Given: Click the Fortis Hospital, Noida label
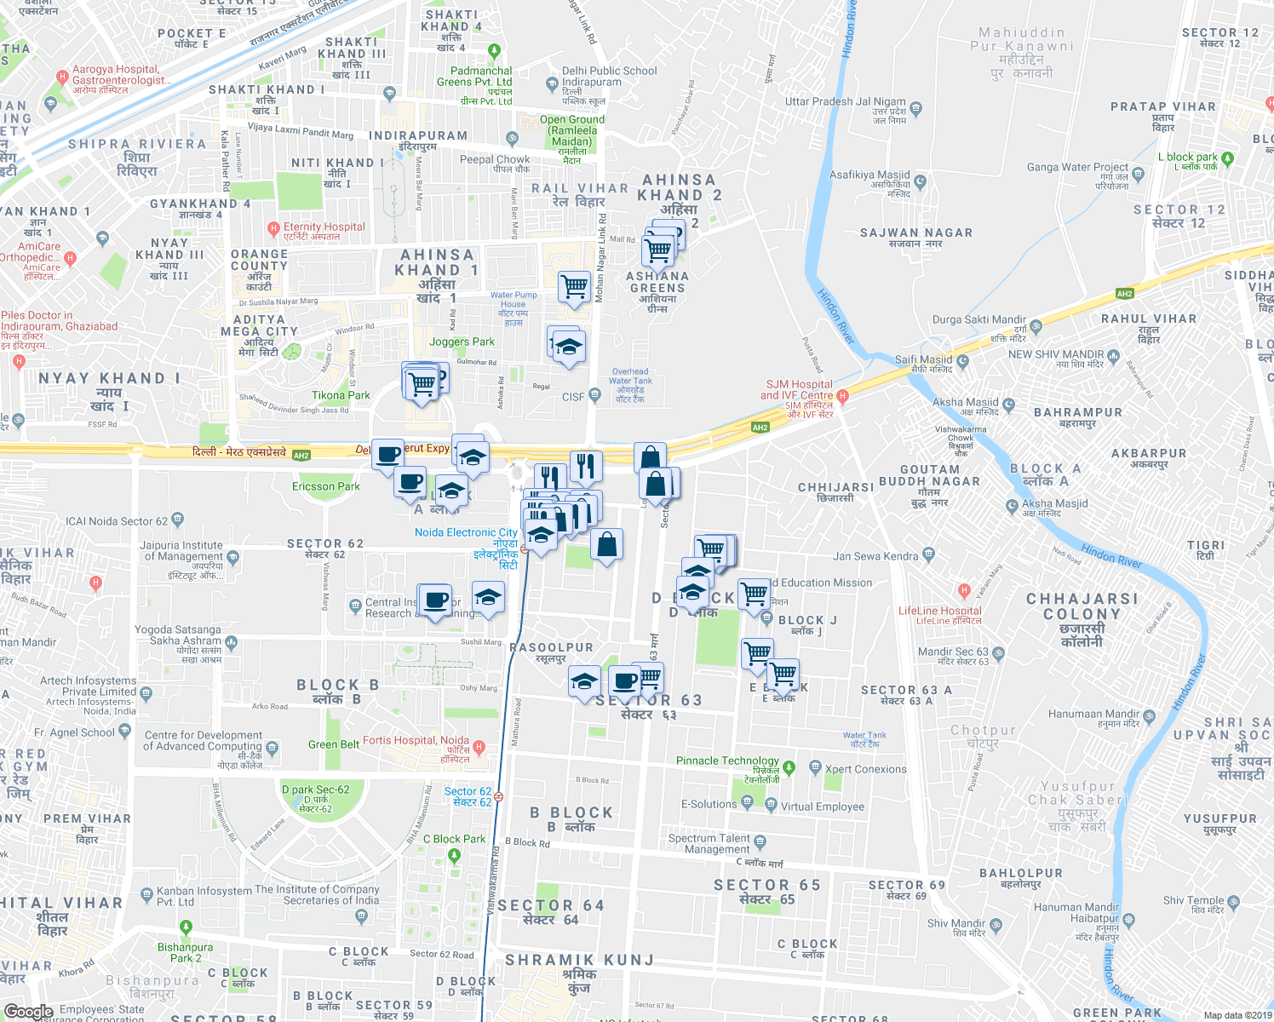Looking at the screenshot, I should pos(416,741).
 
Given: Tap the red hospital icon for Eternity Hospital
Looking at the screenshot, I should pos(273,228).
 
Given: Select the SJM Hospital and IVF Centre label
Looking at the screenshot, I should pos(796,390).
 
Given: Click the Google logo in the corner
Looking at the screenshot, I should pos(28,1012).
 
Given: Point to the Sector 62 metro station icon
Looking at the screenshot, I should pos(498,797).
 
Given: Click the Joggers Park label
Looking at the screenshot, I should pos(462,342).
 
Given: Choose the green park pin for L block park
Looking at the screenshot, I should pos(1227,158).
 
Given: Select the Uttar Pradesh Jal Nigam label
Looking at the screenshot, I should pos(845,101).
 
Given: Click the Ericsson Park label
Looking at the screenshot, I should pos(325,486).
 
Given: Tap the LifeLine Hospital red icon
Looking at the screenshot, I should pos(964,590).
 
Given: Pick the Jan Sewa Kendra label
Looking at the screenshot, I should pos(875,556).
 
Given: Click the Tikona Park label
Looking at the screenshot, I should pos(341,395).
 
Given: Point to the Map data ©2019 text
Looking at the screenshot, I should pos(1237,1015).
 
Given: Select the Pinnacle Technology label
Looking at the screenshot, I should pos(727,761).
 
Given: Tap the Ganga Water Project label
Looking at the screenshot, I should pos(1077,167).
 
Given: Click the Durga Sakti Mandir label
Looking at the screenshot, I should pos(979,320).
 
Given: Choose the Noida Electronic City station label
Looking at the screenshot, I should pos(466,533).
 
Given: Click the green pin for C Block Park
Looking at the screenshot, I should pos(454,855).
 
